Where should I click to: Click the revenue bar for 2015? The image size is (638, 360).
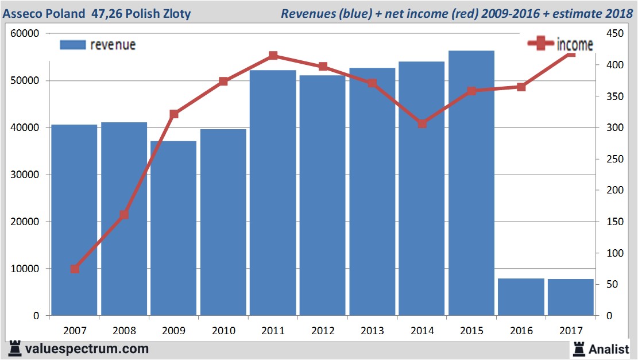[471, 183]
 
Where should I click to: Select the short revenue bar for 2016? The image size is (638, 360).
[521, 297]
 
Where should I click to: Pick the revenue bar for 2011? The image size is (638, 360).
[273, 192]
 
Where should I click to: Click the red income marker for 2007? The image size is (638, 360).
[75, 269]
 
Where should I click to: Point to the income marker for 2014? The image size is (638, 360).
[422, 123]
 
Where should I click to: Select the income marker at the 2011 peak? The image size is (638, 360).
[273, 56]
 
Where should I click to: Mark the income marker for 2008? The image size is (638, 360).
[124, 215]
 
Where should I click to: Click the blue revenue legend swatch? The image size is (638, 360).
[72, 45]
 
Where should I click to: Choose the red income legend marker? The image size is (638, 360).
[540, 44]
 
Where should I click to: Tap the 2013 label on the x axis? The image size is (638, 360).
[372, 331]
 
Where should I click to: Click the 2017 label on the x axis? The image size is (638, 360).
[570, 331]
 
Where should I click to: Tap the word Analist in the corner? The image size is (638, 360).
[609, 349]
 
